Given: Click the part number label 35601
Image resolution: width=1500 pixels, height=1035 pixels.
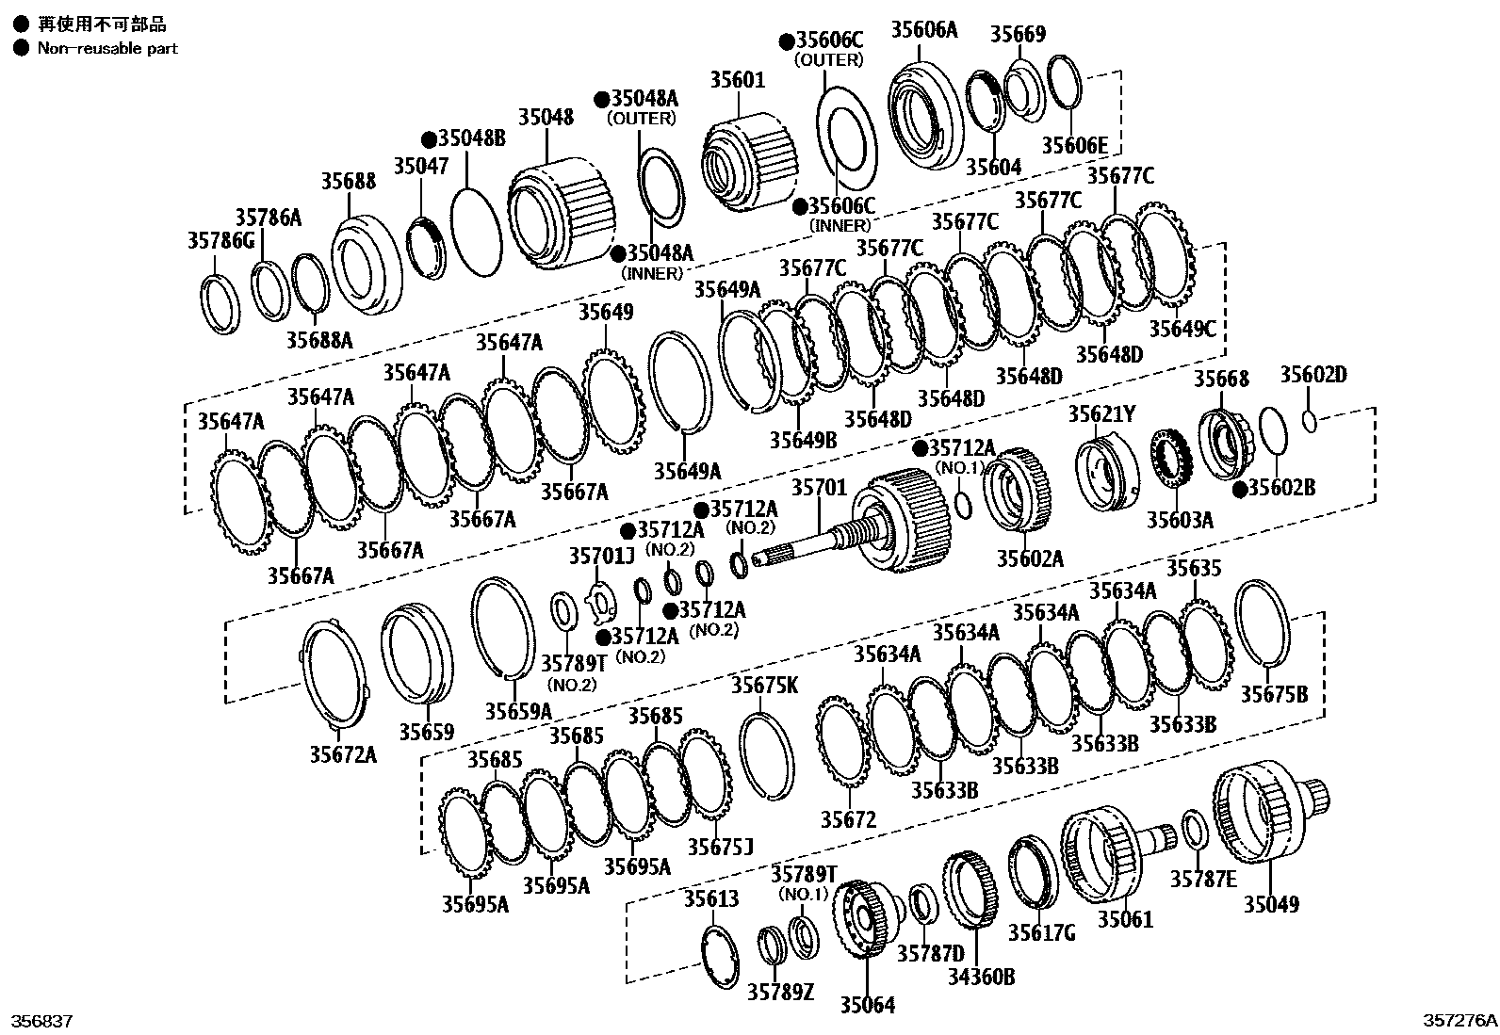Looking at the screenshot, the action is [x=738, y=82].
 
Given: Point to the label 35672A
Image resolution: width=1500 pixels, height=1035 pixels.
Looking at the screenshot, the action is [x=343, y=753].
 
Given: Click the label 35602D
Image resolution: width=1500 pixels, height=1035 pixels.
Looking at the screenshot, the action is [x=1312, y=375].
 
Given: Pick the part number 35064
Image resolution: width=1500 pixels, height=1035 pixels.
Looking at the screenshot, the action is [x=867, y=1005].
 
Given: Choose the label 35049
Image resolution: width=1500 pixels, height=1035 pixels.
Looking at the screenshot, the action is [x=1271, y=905].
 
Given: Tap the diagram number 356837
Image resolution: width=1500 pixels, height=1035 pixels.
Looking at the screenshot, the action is [x=41, y=1021].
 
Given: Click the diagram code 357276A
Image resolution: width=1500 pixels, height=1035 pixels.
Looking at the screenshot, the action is [x=1459, y=1021].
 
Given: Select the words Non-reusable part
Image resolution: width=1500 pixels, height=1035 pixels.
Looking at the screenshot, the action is [x=107, y=48].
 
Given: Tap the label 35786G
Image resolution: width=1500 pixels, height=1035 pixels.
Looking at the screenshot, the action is [x=220, y=242].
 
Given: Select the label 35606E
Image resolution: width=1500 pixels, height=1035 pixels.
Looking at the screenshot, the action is [x=1075, y=145].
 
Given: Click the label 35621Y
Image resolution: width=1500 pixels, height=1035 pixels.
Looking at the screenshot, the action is [x=1101, y=413].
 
